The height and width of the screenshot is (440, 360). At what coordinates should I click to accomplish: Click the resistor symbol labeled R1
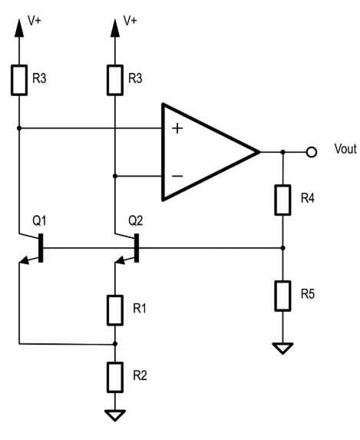coord(115,310)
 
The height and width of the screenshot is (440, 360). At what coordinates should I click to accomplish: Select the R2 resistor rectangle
coord(115,377)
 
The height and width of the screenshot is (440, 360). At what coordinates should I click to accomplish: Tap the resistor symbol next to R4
coord(282,200)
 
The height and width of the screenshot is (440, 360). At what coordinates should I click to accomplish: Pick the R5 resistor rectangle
coord(282,296)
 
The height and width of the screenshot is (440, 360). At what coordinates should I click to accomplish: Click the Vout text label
coord(345,149)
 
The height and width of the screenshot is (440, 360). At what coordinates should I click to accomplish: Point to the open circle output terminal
coord(312,152)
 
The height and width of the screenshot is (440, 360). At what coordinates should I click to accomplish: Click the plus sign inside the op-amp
coord(177,128)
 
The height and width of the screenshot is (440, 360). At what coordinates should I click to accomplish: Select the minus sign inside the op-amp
coord(177,176)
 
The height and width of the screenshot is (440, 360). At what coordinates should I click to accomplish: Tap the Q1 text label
coord(39,221)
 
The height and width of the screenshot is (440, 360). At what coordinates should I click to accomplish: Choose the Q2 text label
coord(136,221)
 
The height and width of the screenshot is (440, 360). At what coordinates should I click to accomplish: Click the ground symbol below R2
coord(115,415)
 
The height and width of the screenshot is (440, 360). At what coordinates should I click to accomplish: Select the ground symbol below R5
coord(282,348)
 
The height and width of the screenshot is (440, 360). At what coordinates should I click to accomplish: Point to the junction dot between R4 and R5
coord(282,248)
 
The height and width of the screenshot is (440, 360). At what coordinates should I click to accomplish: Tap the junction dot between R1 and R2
coord(115,343)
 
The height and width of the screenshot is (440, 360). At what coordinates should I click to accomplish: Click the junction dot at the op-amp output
coord(282,152)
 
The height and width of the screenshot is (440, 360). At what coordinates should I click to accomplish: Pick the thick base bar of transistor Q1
coord(41,248)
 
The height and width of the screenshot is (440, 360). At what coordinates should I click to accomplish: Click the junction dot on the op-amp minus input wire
coord(115,176)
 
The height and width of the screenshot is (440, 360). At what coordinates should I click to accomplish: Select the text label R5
coord(308,294)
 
